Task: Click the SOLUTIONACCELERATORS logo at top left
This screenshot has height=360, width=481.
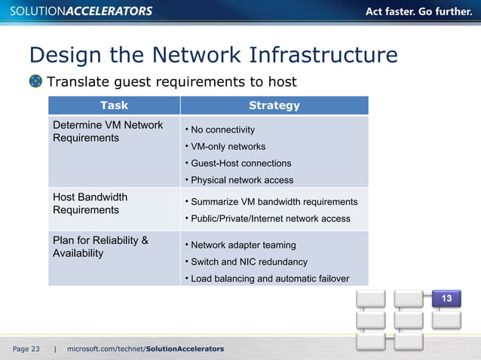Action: pyautogui.click(x=79, y=11)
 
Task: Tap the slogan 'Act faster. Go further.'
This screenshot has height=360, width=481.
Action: pyautogui.click(x=420, y=11)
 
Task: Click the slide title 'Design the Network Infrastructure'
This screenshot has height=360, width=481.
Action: pyautogui.click(x=213, y=55)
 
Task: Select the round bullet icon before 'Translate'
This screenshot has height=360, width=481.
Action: pyautogui.click(x=35, y=81)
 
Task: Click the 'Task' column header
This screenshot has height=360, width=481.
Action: pyautogui.click(x=114, y=105)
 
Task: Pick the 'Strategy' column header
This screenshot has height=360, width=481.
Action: pyautogui.click(x=274, y=105)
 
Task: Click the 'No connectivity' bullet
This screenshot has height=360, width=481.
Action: pyautogui.click(x=222, y=130)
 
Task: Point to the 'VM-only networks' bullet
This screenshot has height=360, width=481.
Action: pyautogui.click(x=228, y=147)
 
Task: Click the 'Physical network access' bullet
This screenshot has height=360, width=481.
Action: pyautogui.click(x=242, y=180)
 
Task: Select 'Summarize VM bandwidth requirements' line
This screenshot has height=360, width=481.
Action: pyautogui.click(x=274, y=202)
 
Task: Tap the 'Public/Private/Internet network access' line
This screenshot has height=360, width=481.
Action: pyautogui.click(x=270, y=218)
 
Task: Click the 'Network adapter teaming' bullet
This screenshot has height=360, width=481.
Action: pyautogui.click(x=243, y=245)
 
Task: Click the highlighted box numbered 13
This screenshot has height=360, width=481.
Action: pyautogui.click(x=446, y=299)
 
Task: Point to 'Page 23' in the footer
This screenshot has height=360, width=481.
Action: pyautogui.click(x=26, y=349)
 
